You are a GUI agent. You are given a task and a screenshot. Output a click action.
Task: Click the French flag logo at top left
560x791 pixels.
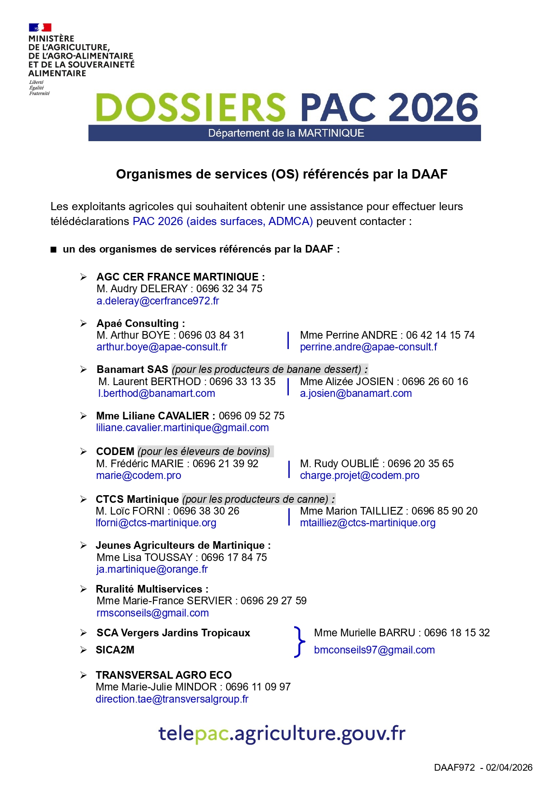click(x=40, y=28)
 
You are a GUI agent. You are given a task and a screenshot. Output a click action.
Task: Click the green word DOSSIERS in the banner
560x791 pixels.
click(x=191, y=108)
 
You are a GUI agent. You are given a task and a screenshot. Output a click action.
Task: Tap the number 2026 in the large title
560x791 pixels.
click(x=433, y=108)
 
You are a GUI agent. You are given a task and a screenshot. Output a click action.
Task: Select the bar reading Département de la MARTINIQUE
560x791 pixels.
click(x=285, y=133)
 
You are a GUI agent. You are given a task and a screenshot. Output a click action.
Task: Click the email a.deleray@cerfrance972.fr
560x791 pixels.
click(x=157, y=301)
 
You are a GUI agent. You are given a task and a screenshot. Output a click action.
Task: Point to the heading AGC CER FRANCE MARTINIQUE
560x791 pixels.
click(x=180, y=277)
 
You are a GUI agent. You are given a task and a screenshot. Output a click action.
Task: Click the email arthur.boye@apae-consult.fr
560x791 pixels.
click(x=162, y=347)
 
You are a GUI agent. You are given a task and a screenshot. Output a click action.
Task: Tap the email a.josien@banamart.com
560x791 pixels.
click(x=356, y=393)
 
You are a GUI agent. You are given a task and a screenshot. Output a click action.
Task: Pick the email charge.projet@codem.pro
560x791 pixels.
click(x=360, y=475)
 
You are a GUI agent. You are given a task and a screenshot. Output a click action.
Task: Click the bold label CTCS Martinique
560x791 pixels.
click(x=137, y=499)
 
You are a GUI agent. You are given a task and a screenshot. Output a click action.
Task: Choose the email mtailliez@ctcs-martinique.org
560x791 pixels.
click(x=368, y=523)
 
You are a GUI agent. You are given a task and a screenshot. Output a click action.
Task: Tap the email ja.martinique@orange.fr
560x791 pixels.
click(x=152, y=569)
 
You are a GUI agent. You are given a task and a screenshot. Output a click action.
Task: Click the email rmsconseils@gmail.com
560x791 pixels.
click(x=153, y=613)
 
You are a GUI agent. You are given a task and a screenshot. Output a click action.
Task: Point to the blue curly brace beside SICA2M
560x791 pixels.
click(x=299, y=641)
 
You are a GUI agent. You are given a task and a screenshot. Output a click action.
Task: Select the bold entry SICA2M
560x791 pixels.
click(x=115, y=650)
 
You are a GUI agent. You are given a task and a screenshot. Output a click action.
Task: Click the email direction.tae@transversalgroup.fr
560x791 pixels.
click(x=172, y=699)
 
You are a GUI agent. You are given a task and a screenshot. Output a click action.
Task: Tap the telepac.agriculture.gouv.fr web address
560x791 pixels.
click(x=282, y=734)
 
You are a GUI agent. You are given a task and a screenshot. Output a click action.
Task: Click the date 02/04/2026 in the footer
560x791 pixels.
click(x=509, y=768)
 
